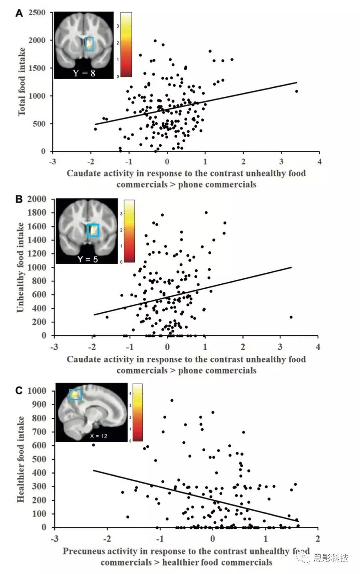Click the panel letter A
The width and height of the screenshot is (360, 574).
point(19,14)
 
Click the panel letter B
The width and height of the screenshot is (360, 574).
point(19,199)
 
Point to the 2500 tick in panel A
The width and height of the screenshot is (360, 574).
point(37,13)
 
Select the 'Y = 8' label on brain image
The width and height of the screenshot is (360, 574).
point(84,73)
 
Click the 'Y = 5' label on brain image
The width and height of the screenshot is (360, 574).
point(87,259)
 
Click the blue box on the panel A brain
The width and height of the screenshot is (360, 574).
point(89,44)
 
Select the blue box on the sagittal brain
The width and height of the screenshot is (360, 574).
point(75,395)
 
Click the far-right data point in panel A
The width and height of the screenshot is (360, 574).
point(296,92)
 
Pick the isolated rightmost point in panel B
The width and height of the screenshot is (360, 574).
point(291,317)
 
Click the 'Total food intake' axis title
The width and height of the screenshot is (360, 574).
point(22,82)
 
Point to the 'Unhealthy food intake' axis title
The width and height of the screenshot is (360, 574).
point(20,267)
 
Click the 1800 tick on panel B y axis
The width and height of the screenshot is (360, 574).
point(37,213)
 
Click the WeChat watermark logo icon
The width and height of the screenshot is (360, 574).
point(305,558)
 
